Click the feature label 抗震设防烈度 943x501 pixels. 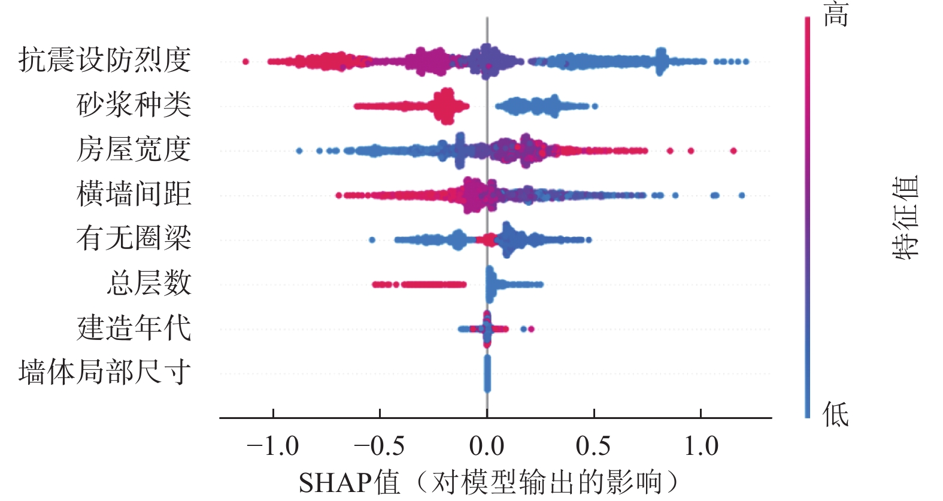105,60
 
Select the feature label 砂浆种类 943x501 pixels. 134,105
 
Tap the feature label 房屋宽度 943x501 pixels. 134,149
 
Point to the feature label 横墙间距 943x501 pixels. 134,194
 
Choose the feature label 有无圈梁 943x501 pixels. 134,238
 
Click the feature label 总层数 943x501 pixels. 149,283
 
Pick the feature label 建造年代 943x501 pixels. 134,328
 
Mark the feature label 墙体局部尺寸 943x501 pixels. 105,372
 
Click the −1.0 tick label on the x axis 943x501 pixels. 273,447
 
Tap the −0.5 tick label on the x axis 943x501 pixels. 380,447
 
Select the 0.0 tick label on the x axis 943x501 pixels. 487,447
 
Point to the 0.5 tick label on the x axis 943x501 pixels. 593,447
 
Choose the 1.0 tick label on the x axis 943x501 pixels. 701,447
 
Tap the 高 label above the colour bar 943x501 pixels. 836,14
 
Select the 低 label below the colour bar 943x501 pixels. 836,414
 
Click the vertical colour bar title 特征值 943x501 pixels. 905,217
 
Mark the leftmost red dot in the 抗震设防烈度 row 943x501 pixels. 245,62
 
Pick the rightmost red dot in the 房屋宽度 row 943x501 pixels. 733,151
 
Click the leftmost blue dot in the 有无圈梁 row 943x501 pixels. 372,240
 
